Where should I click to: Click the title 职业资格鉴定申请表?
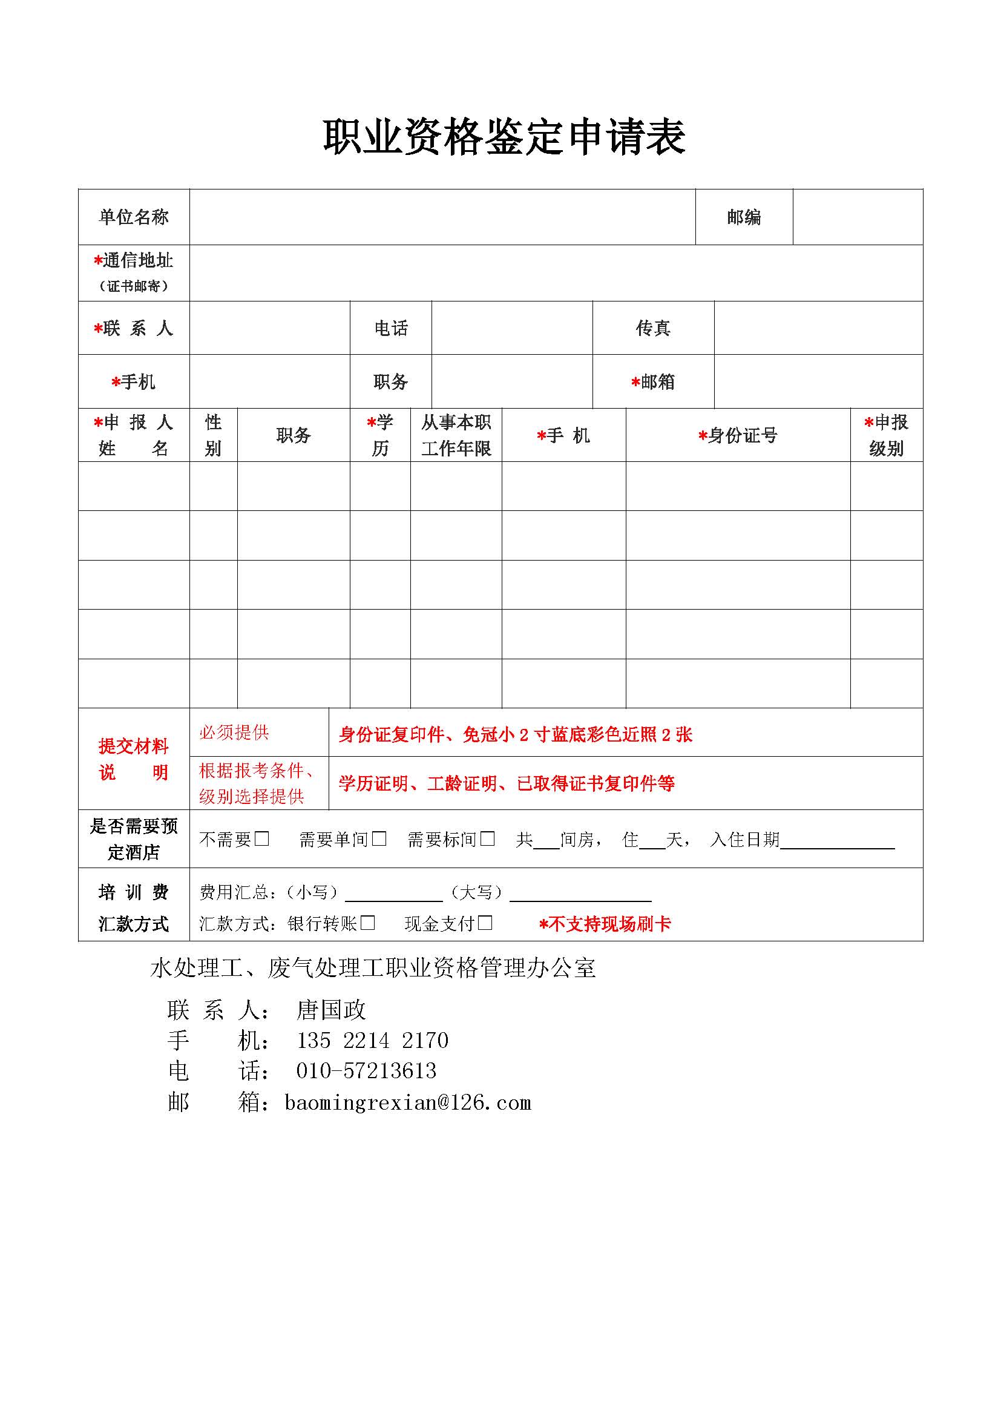click(504, 137)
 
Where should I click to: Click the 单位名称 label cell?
click(134, 217)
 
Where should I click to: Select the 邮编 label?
click(743, 217)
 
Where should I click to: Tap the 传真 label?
click(653, 328)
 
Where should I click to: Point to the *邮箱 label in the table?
click(654, 382)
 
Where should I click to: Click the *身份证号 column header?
click(738, 435)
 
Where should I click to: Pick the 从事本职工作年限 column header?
click(456, 435)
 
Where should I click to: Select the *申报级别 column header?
click(886, 435)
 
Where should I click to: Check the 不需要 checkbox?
click(262, 838)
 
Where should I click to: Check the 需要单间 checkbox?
click(379, 838)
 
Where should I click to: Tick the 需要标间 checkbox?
click(488, 838)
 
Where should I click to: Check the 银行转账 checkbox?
click(368, 923)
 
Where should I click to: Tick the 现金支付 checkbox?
click(485, 923)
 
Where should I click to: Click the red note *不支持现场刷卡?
click(605, 924)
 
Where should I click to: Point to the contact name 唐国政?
click(331, 1010)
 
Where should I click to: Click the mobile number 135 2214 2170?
click(372, 1041)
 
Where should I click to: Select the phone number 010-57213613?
click(366, 1072)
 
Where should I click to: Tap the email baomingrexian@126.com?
click(407, 1102)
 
